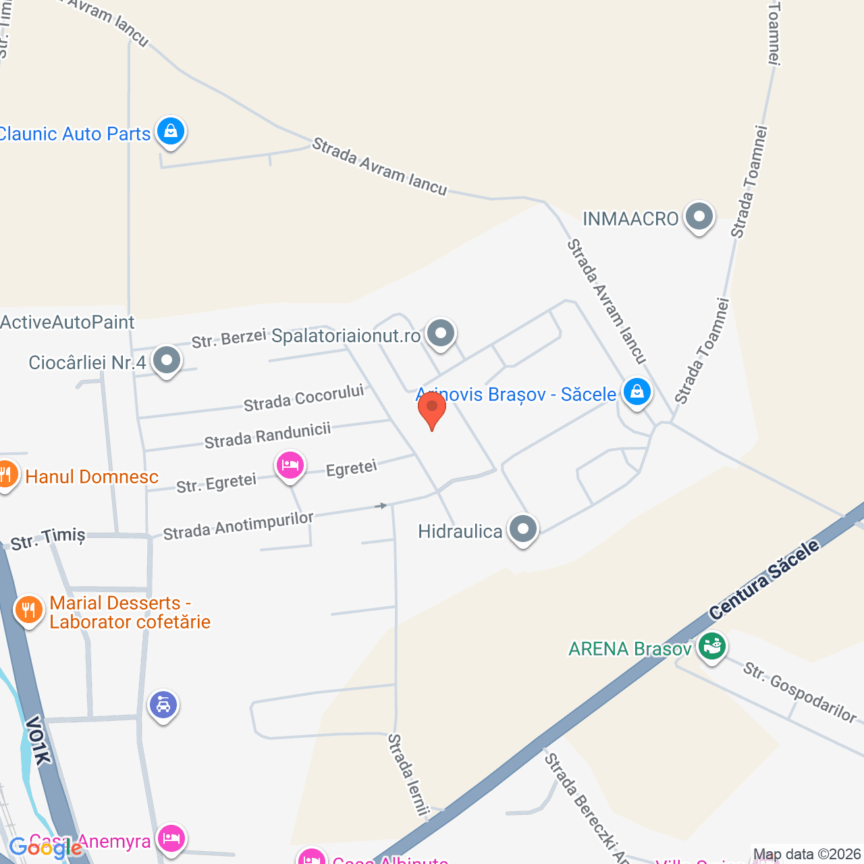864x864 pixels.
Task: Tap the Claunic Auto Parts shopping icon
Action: (171, 131)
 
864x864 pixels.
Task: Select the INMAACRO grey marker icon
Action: (699, 217)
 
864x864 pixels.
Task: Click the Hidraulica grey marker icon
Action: (523, 529)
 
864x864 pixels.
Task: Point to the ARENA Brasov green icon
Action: (711, 647)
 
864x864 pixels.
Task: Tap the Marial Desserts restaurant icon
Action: (28, 610)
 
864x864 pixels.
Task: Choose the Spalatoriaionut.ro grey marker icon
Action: (441, 333)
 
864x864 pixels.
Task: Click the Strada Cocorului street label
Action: (304, 398)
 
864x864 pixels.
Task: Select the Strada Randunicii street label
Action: (267, 435)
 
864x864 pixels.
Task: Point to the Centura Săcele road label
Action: (764, 580)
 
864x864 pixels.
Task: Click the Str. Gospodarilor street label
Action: (800, 692)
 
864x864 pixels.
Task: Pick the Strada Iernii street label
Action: (408, 774)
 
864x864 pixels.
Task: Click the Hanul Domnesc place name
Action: (92, 477)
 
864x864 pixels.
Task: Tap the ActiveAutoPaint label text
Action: (67, 322)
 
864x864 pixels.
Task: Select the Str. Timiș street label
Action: (48, 539)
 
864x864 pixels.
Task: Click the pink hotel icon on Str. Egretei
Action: (290, 465)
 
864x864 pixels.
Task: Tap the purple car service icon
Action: (163, 705)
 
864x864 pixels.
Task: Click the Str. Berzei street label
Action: (229, 339)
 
